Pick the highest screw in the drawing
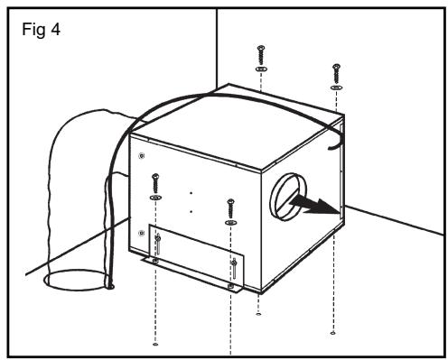tap(260, 50)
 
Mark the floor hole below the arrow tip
tap(335, 332)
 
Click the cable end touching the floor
tap(111, 288)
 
